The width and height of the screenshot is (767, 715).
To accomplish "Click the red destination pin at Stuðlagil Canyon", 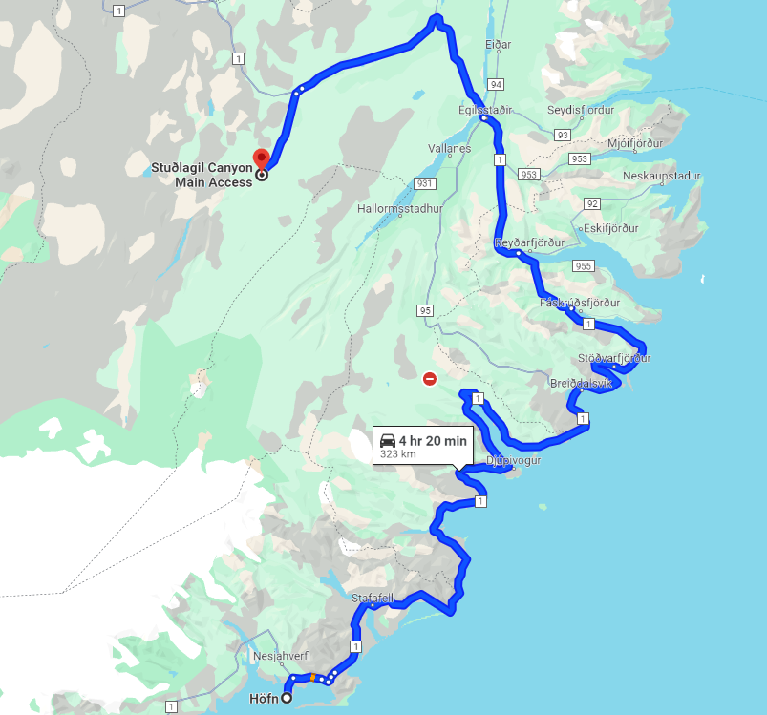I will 260,158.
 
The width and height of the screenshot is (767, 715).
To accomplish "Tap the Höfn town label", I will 264,698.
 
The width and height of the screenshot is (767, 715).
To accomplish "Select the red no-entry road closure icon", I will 430,379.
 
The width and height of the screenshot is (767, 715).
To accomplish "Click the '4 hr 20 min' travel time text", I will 433,440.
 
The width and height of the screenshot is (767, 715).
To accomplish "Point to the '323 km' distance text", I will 397,454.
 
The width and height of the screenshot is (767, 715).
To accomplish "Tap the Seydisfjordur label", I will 581,110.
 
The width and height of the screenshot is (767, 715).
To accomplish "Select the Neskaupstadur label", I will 661,176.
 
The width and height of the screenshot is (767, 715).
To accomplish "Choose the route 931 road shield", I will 425,183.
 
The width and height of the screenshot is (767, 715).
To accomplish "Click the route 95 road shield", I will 425,310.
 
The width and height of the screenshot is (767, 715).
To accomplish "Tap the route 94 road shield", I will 494,84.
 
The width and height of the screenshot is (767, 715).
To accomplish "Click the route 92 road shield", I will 592,204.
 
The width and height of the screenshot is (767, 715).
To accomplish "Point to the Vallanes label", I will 450,149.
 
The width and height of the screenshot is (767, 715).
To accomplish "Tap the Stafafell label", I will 373,599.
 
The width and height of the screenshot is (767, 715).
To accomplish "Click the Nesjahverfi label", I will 282,657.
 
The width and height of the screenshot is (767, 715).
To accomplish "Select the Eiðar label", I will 498,45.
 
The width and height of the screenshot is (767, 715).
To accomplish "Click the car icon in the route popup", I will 388,440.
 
